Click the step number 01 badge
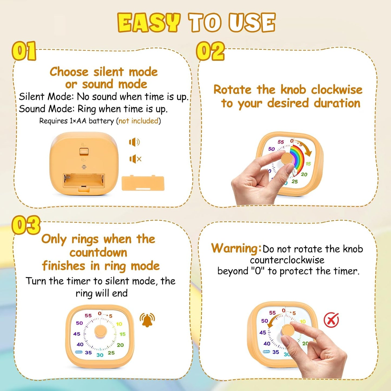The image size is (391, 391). pyautogui.click(x=24, y=51)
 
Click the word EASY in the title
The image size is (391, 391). pyautogui.click(x=149, y=22)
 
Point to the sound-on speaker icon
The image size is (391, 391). pyautogui.click(x=134, y=142)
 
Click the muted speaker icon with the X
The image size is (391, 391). pyautogui.click(x=135, y=159)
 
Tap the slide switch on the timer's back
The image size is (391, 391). pyautogui.click(x=84, y=151)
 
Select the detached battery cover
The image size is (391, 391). pyautogui.click(x=143, y=183)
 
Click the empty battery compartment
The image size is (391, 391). pyautogui.click(x=84, y=180)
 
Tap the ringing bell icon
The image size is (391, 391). pyautogui.click(x=147, y=320)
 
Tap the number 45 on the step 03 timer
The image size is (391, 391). pyautogui.click(x=77, y=334)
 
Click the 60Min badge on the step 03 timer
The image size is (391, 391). pyautogui.click(x=79, y=352)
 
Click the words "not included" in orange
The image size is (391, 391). pyautogui.click(x=138, y=121)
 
